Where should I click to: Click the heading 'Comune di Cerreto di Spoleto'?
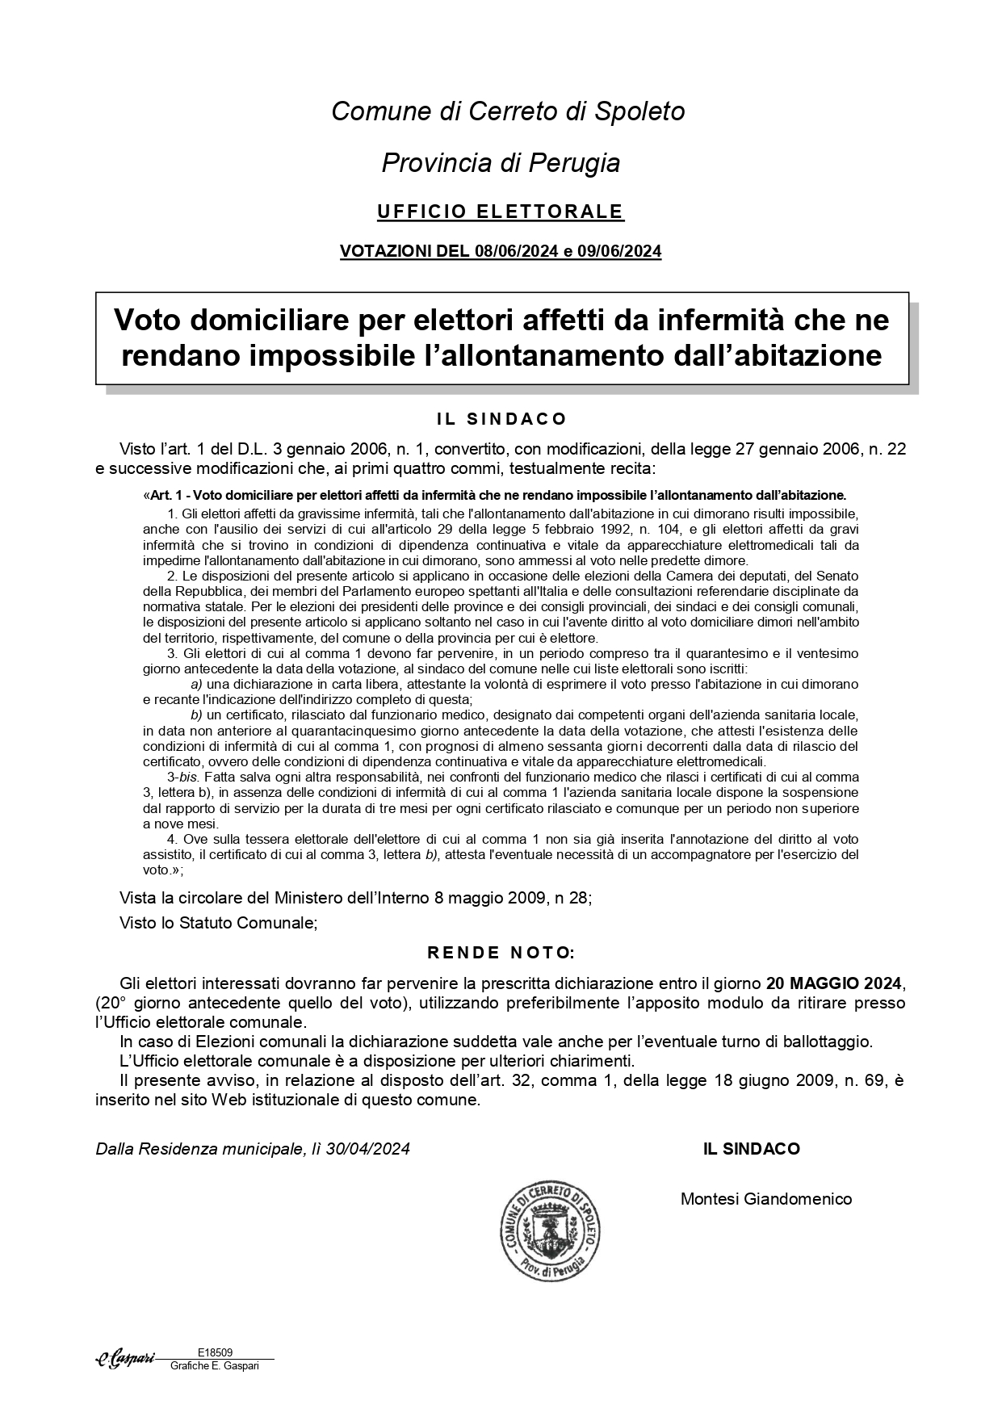point(508,111)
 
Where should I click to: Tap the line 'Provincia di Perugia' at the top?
point(501,163)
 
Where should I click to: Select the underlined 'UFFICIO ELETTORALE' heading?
point(501,212)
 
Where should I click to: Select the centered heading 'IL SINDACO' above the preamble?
point(501,419)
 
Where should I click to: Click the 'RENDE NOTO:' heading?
point(501,953)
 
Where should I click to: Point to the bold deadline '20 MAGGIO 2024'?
point(833,983)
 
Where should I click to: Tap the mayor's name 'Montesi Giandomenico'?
point(766,1199)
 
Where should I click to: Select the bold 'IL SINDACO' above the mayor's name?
point(752,1148)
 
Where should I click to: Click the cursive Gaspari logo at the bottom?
point(125,1359)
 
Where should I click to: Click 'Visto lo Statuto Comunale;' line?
point(218,922)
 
